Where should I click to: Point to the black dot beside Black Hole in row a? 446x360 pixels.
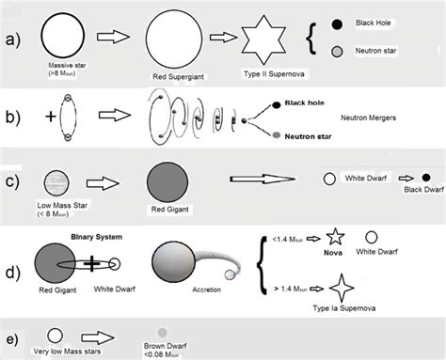338,23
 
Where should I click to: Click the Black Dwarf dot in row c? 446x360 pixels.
425,177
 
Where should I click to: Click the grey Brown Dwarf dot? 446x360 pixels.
164,333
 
